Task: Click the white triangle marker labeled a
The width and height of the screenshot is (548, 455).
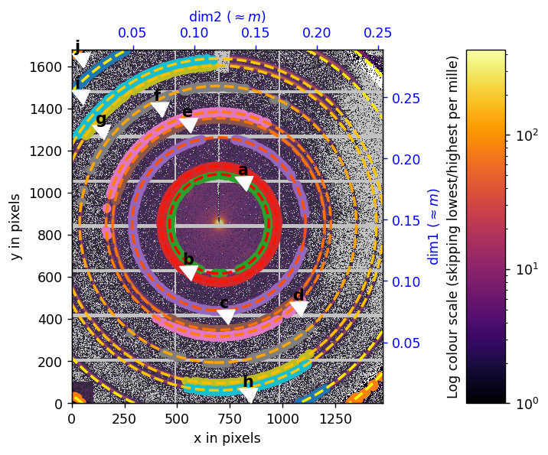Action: click(x=244, y=183)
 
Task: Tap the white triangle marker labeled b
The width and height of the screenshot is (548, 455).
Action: click(x=189, y=272)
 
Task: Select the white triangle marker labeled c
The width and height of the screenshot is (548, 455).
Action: click(x=226, y=317)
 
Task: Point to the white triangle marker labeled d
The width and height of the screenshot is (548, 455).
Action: click(x=299, y=308)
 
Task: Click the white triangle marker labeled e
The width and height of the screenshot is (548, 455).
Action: click(x=188, y=125)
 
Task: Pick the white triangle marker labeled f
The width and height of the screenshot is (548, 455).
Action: click(x=160, y=109)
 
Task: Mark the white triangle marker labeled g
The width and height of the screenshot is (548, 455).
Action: click(x=102, y=132)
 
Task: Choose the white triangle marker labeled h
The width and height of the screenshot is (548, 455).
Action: click(x=248, y=395)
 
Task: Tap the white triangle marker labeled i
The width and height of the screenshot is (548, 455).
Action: click(x=80, y=96)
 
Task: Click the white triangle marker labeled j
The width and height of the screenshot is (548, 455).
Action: click(x=81, y=60)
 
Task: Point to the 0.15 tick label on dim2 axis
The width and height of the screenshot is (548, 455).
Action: click(x=256, y=34)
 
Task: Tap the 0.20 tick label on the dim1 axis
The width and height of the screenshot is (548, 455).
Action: click(x=407, y=160)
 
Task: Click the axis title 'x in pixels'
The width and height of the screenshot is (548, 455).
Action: click(x=227, y=438)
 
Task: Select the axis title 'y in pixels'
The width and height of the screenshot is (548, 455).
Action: click(x=16, y=226)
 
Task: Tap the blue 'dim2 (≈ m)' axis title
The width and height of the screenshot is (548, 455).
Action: click(x=227, y=16)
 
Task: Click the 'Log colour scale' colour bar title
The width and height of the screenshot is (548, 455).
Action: click(x=453, y=226)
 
